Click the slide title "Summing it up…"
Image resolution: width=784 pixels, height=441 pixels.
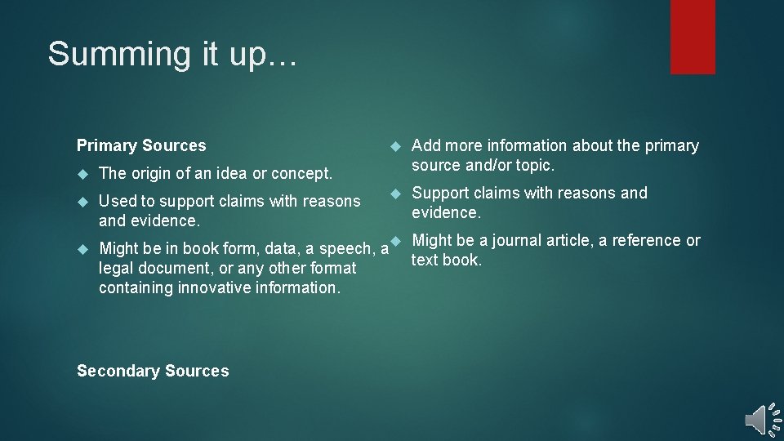174,54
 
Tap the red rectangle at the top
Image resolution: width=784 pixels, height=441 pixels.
693,37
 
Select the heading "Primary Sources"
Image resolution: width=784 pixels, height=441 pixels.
141,145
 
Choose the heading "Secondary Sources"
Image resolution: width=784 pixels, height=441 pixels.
153,371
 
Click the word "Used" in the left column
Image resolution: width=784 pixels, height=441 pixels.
117,201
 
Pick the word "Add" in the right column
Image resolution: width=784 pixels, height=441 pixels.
425,145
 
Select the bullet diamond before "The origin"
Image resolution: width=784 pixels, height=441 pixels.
82,173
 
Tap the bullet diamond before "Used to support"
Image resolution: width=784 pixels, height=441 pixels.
82,201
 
